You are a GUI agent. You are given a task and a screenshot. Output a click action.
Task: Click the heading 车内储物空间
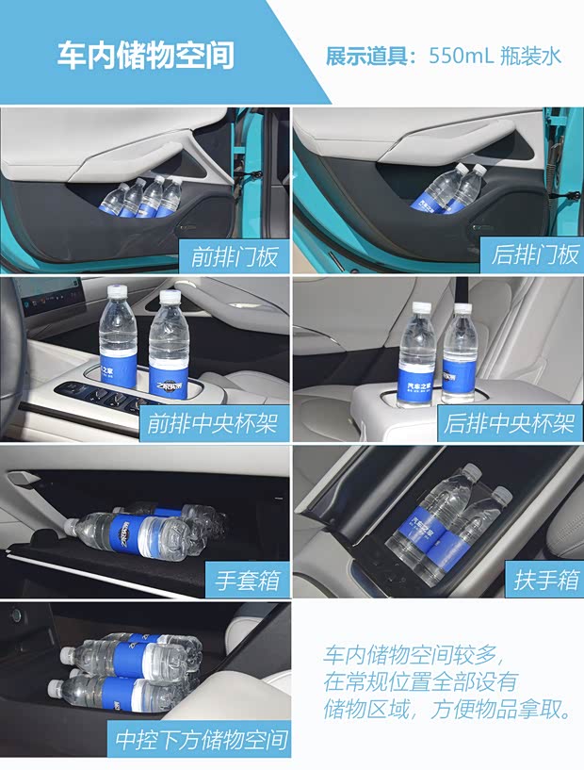pyautogui.click(x=145, y=56)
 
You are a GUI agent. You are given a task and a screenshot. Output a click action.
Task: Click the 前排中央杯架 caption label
pyautogui.click(x=212, y=423)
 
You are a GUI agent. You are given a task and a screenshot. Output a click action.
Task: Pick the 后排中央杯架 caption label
pyautogui.click(x=510, y=423)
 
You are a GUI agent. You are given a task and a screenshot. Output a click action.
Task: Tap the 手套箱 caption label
pyautogui.click(x=248, y=581)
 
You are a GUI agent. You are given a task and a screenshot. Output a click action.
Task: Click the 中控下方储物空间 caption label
pyautogui.click(x=202, y=737)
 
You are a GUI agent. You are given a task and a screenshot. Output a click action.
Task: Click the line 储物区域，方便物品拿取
pyautogui.click(x=446, y=710)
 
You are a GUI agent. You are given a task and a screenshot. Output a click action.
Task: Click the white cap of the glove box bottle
pyautogui.click(x=70, y=523)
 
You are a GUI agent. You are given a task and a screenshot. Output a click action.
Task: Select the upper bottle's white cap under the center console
pyautogui.click(x=67, y=653)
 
